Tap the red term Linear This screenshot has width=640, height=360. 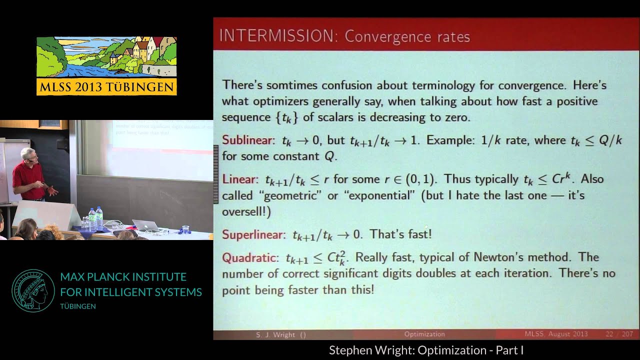point(236,179)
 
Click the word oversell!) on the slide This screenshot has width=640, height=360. point(246,211)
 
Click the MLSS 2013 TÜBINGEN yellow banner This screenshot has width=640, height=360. point(106,86)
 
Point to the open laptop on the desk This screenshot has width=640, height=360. point(146,225)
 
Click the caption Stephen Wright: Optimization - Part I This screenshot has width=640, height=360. point(426,350)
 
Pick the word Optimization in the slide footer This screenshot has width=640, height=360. point(424,334)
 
